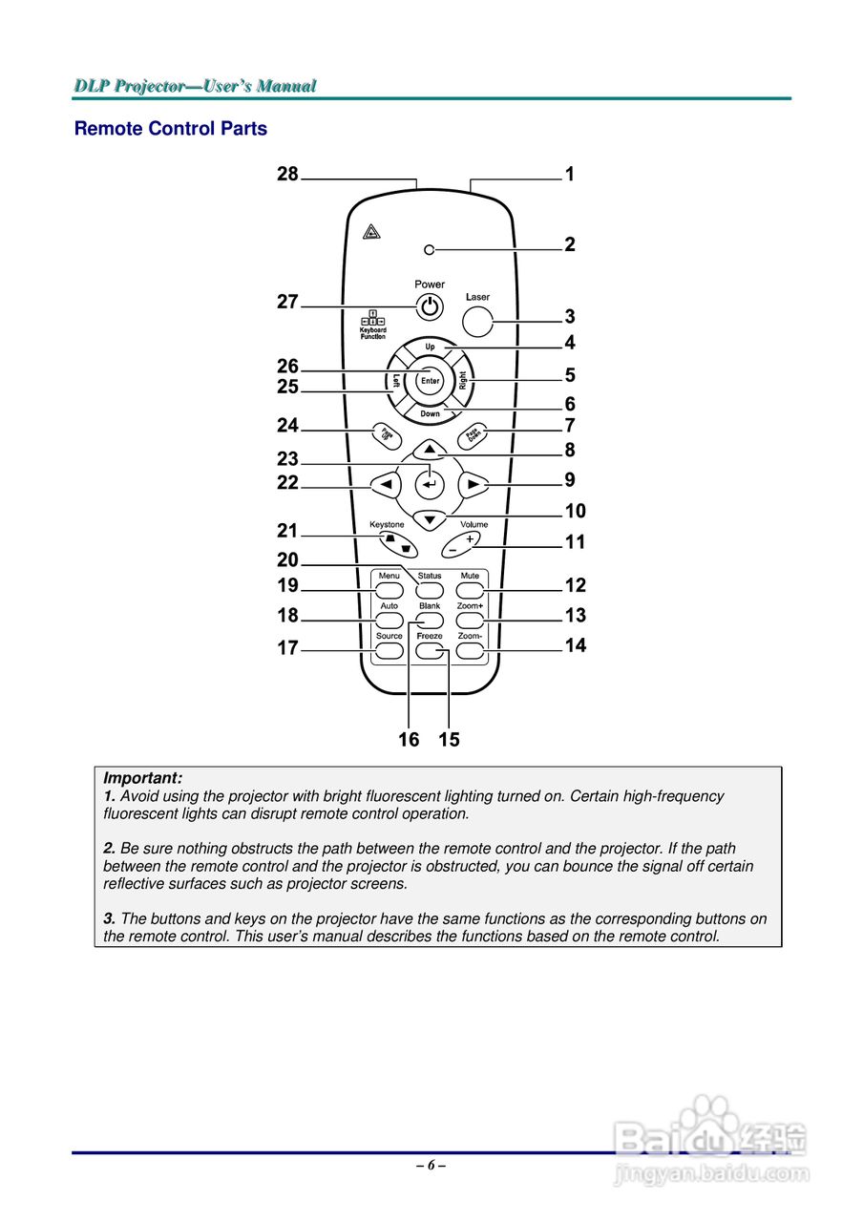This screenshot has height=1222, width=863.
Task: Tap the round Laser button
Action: click(x=477, y=321)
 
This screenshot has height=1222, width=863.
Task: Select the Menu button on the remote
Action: click(x=389, y=592)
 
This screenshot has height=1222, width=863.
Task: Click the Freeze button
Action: click(x=430, y=652)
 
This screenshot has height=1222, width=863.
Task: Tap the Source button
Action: click(x=389, y=652)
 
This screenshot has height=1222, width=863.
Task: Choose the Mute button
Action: click(x=470, y=592)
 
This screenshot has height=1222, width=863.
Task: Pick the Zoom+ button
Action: click(x=470, y=622)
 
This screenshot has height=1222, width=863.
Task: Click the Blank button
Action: click(x=430, y=622)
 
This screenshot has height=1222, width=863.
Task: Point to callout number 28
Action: click(x=287, y=174)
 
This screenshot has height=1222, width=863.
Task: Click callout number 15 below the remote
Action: click(x=449, y=740)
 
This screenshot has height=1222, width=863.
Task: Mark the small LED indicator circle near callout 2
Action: click(x=430, y=250)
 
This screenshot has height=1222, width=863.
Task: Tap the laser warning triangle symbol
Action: click(x=371, y=231)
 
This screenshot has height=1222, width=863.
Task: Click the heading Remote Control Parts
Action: click(x=171, y=129)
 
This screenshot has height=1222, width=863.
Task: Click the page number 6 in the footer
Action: click(x=431, y=1165)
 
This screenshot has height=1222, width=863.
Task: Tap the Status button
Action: click(x=430, y=592)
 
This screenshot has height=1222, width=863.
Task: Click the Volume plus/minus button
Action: click(x=462, y=544)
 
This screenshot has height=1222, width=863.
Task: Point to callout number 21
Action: click(x=287, y=531)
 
